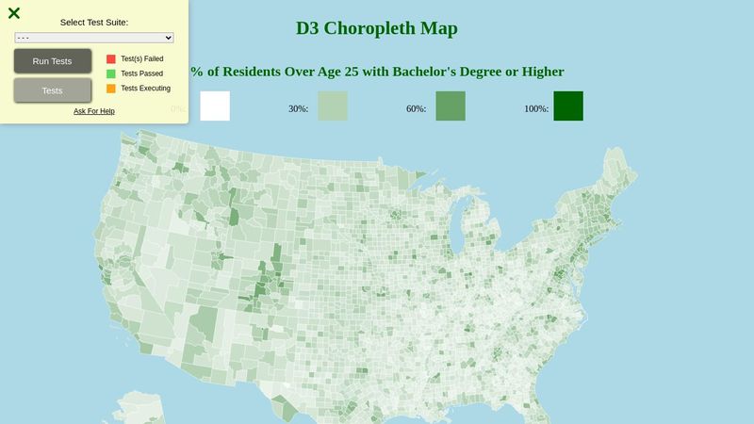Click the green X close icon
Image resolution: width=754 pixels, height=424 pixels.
tap(14, 13)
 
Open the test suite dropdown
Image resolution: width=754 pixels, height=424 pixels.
tap(94, 37)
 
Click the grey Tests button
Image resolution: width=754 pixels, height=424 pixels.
tap(53, 90)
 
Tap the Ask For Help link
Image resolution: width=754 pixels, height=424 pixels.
tap(94, 111)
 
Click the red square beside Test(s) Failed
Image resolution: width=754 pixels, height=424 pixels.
tap(111, 58)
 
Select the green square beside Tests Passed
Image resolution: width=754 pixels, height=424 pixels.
tap(111, 73)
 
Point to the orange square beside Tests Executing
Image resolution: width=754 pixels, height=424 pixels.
tap(111, 89)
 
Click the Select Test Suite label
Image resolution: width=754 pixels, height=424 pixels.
tap(94, 22)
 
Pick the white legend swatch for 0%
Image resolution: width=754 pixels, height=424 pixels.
tap(215, 106)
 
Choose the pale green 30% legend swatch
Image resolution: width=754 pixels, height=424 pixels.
tap(332, 106)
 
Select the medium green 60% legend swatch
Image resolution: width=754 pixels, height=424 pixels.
tap(451, 106)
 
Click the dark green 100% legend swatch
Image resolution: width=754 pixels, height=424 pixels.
tap(568, 106)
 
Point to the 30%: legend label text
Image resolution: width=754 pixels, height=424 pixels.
tap(299, 109)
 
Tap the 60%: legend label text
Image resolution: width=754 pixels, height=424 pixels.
tap(417, 109)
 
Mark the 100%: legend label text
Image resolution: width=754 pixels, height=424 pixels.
tap(536, 109)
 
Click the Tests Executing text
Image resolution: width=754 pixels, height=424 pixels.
tap(145, 89)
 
